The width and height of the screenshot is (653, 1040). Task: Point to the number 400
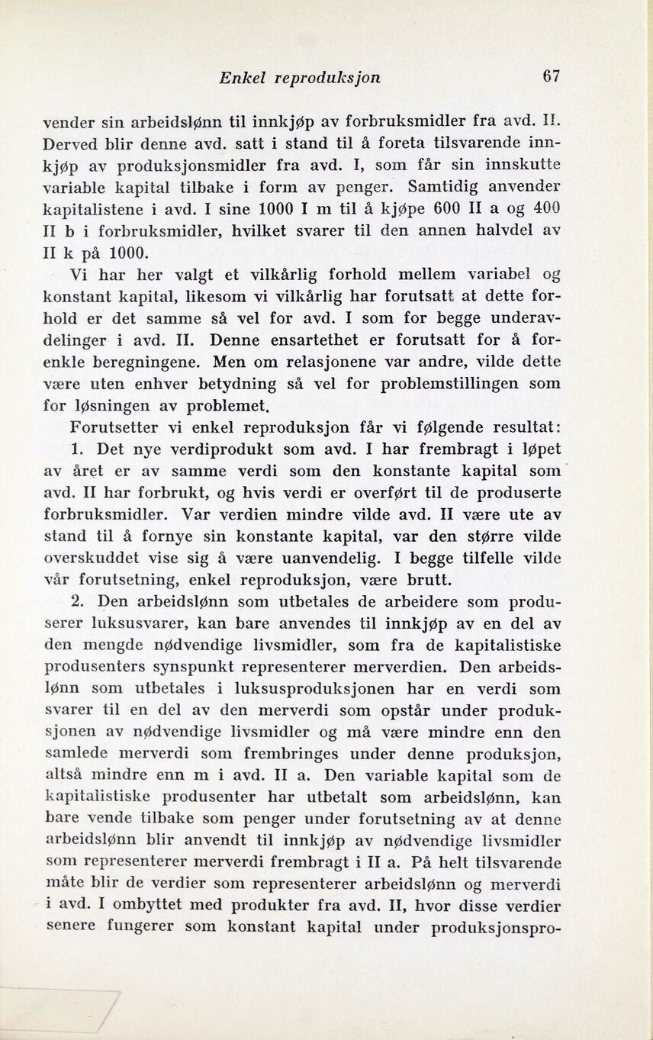tap(546, 208)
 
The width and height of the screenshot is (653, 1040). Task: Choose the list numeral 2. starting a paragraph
tap(77, 600)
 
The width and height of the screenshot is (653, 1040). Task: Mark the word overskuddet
tap(96, 556)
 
